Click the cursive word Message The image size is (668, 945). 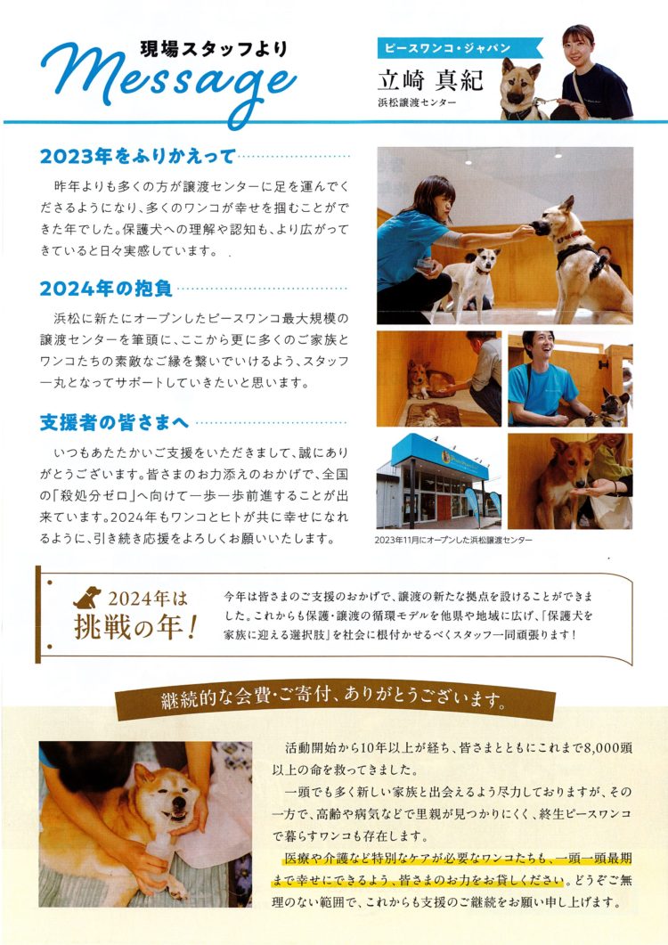169,80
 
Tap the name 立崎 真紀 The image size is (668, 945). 430,80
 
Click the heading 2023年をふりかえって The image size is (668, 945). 137,157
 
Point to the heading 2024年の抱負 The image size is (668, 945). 106,289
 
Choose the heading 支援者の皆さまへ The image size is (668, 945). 115,422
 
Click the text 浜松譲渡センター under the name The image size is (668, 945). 417,102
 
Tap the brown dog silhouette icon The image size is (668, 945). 87,598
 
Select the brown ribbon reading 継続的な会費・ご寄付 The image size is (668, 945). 335,700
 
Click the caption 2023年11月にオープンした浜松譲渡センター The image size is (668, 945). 453,540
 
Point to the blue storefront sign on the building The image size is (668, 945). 439,456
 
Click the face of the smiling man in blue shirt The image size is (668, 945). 538,346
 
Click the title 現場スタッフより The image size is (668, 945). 214,49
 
